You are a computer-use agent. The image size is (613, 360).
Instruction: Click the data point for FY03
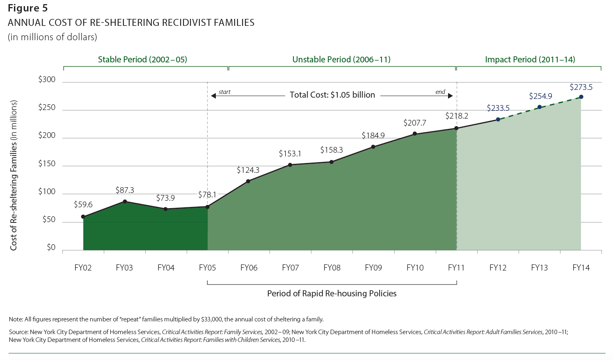125,202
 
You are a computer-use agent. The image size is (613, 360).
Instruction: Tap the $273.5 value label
581,87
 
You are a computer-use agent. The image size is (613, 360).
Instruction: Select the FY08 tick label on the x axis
332,268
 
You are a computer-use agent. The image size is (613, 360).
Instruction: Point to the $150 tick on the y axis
47,163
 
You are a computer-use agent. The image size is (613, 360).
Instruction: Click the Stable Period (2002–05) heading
142,60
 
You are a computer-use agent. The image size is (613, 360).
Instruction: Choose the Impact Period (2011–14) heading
530,60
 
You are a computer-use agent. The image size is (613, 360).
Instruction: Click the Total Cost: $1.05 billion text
332,95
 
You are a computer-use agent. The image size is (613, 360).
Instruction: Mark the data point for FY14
581,97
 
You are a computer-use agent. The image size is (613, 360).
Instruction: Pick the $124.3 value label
248,170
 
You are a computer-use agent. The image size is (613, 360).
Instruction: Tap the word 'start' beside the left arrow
224,92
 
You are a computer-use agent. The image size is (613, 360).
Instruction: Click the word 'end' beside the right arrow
440,92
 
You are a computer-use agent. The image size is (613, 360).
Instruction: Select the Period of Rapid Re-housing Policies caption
332,294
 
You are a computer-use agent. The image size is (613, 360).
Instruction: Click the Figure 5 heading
28,8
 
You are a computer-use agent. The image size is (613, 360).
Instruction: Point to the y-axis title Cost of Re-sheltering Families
14,175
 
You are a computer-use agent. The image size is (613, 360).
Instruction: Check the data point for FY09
373,147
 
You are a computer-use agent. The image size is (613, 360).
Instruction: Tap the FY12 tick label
498,268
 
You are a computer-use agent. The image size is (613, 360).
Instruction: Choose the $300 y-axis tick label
47,79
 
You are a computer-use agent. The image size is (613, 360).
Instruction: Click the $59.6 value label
83,204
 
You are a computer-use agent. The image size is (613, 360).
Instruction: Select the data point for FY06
248,181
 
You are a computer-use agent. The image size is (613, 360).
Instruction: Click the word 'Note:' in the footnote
16,319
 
